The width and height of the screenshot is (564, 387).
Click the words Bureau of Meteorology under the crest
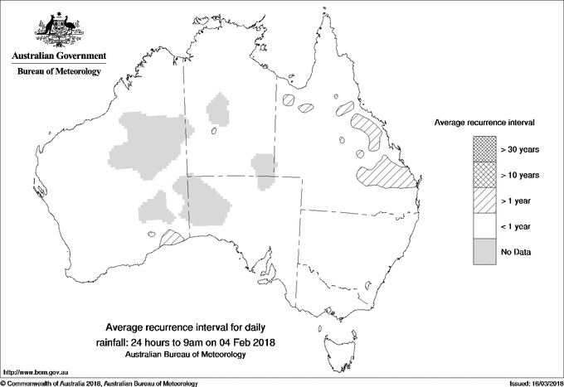[59, 71]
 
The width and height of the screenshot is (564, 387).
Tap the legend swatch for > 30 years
[484, 149]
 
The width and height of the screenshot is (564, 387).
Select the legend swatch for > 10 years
[484, 175]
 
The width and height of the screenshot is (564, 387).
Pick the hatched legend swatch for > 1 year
[484, 200]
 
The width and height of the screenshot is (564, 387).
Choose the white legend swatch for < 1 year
[484, 225]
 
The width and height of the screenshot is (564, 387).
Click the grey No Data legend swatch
[484, 251]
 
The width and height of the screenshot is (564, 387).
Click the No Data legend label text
[515, 251]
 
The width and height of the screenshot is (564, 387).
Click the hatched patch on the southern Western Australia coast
[172, 238]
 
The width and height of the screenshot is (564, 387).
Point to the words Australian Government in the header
[59, 56]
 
